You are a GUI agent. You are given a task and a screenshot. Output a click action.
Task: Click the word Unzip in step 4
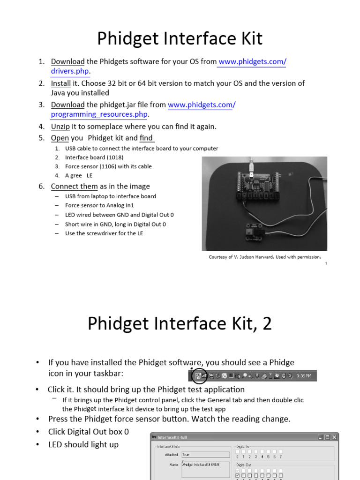click(x=60, y=126)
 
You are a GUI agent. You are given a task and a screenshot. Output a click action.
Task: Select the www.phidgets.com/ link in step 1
click(x=252, y=61)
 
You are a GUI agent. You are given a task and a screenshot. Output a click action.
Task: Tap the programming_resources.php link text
click(x=99, y=114)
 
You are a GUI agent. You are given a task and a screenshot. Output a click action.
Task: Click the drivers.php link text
click(x=70, y=71)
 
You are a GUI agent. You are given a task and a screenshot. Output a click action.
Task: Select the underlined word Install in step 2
click(x=61, y=83)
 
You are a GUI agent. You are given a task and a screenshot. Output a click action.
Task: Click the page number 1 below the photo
click(x=326, y=263)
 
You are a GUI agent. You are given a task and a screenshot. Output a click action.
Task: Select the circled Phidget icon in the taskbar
click(x=199, y=375)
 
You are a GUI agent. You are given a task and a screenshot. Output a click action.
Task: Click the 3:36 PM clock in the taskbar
click(x=303, y=376)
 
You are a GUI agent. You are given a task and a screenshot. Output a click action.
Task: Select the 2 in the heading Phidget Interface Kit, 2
click(x=267, y=324)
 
